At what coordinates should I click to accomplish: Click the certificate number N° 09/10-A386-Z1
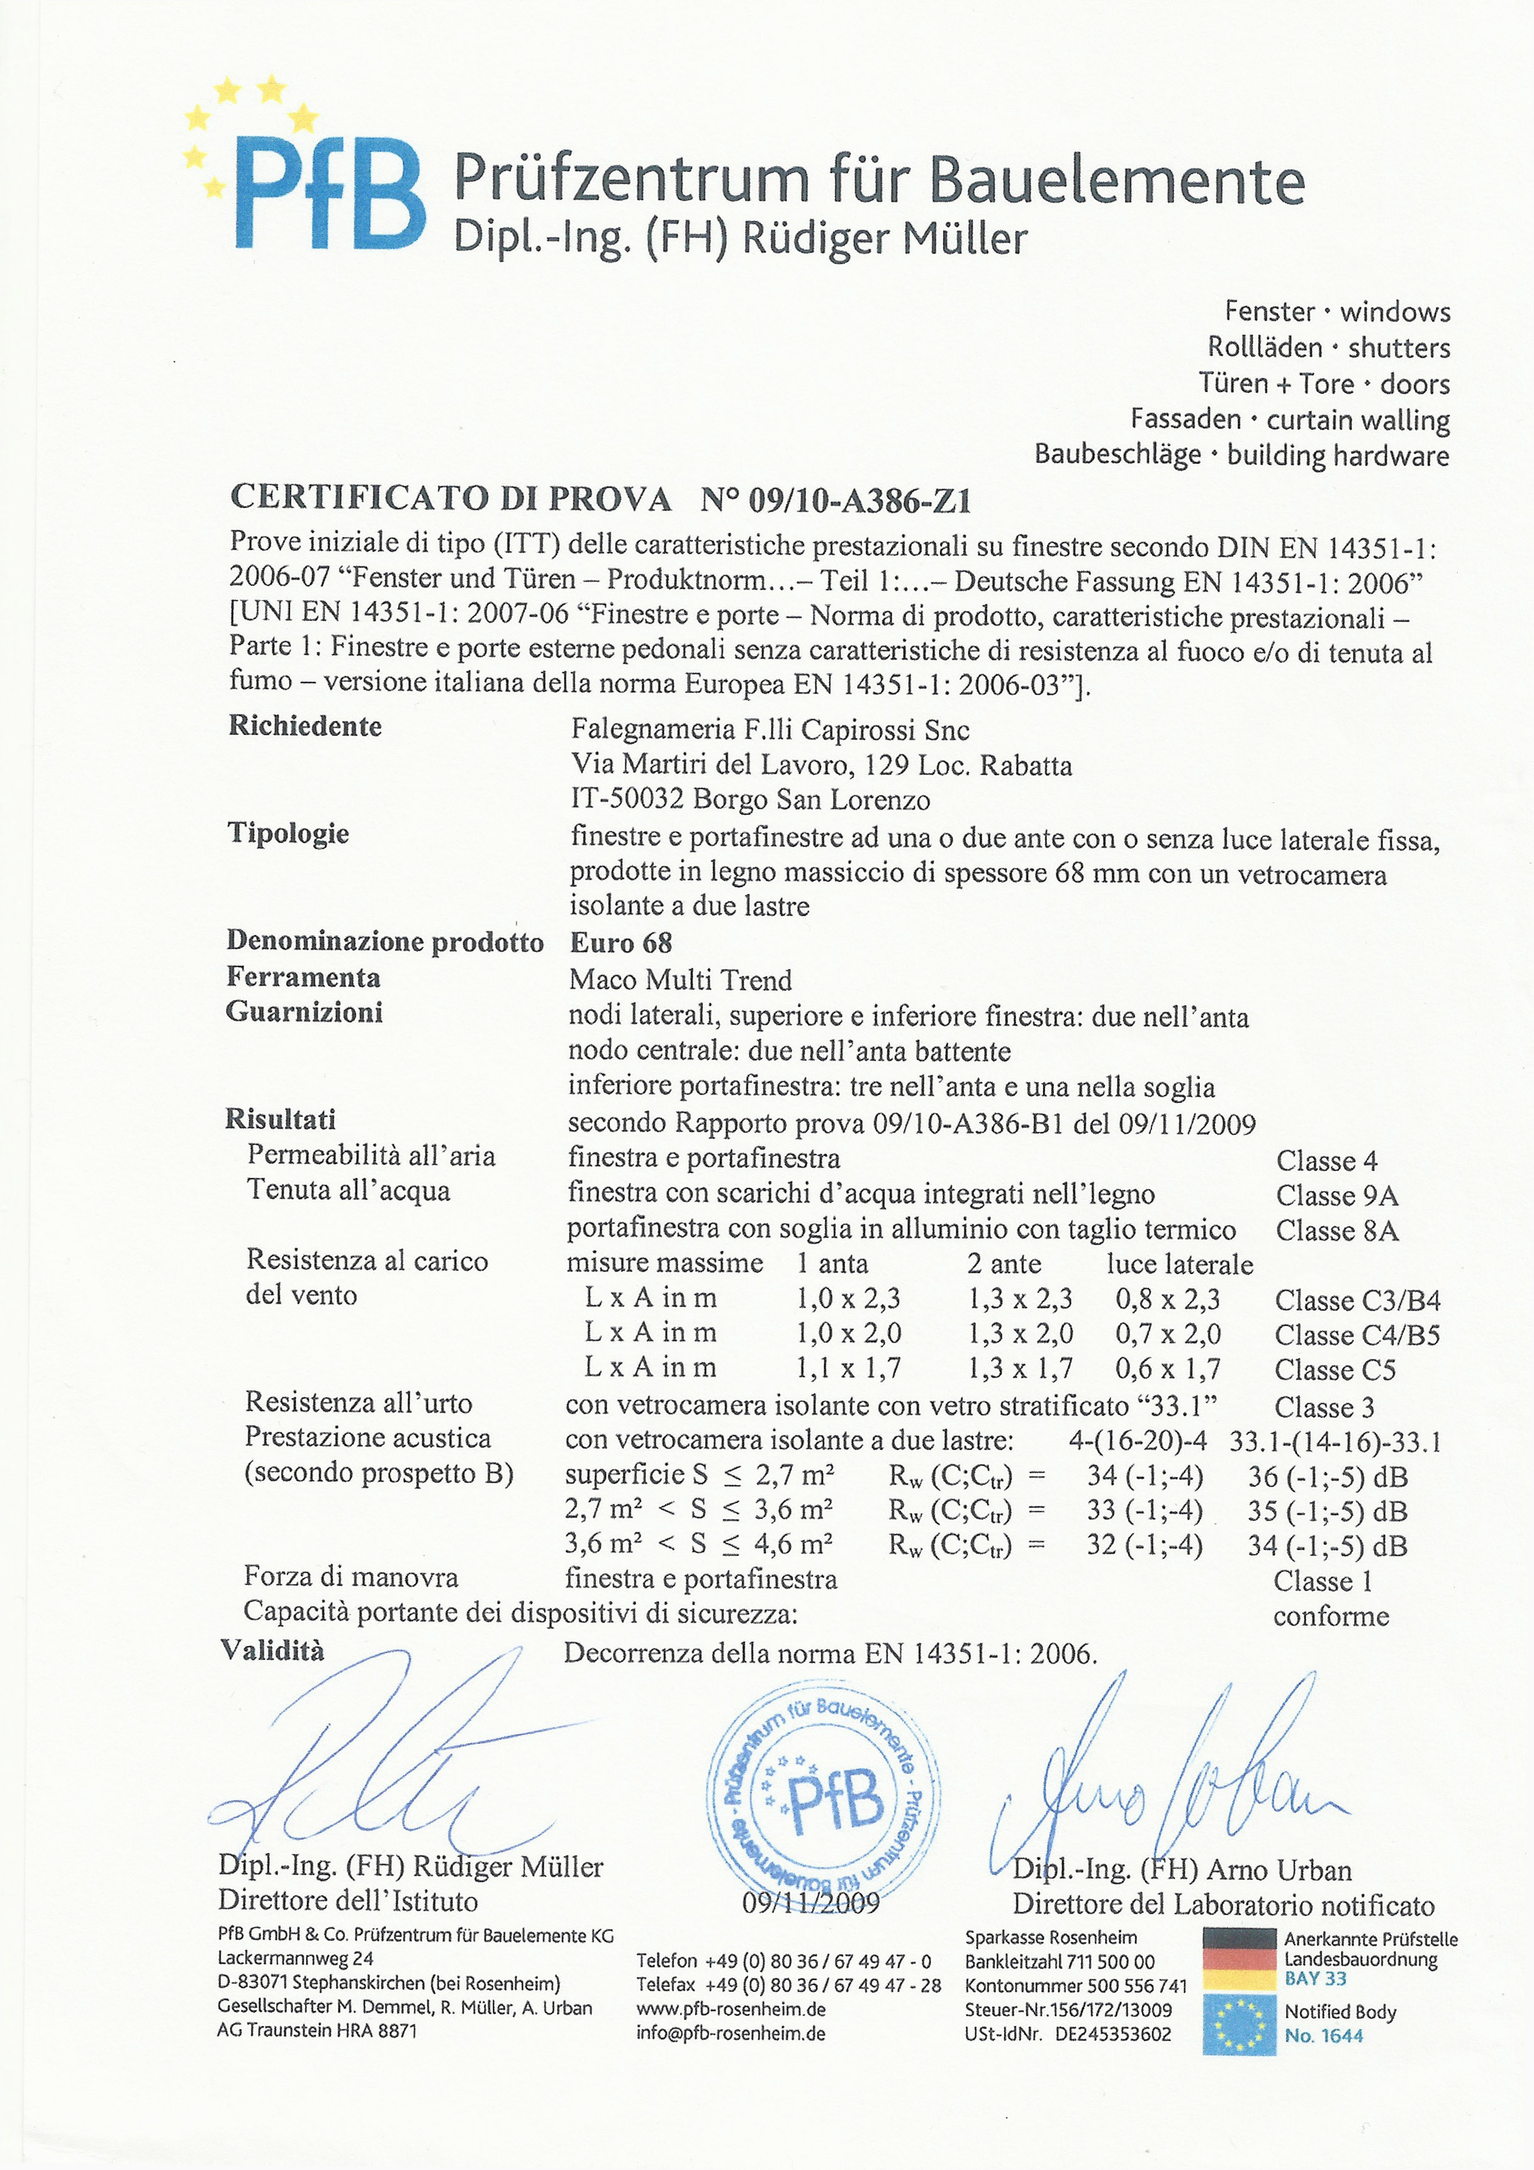(836, 500)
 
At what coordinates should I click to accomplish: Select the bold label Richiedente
(305, 726)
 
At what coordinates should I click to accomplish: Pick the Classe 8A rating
(1336, 1231)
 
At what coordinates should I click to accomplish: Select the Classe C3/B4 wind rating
(1357, 1300)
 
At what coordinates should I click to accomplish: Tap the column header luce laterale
(1180, 1265)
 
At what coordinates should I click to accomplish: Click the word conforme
(1331, 1616)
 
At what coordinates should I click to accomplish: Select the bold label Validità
(272, 1651)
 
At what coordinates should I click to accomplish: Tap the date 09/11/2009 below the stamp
(811, 1903)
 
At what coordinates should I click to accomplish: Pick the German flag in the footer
(1239, 1959)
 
